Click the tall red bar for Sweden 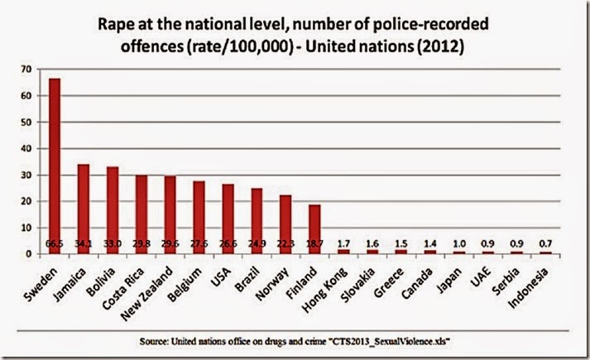[x=54, y=166]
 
